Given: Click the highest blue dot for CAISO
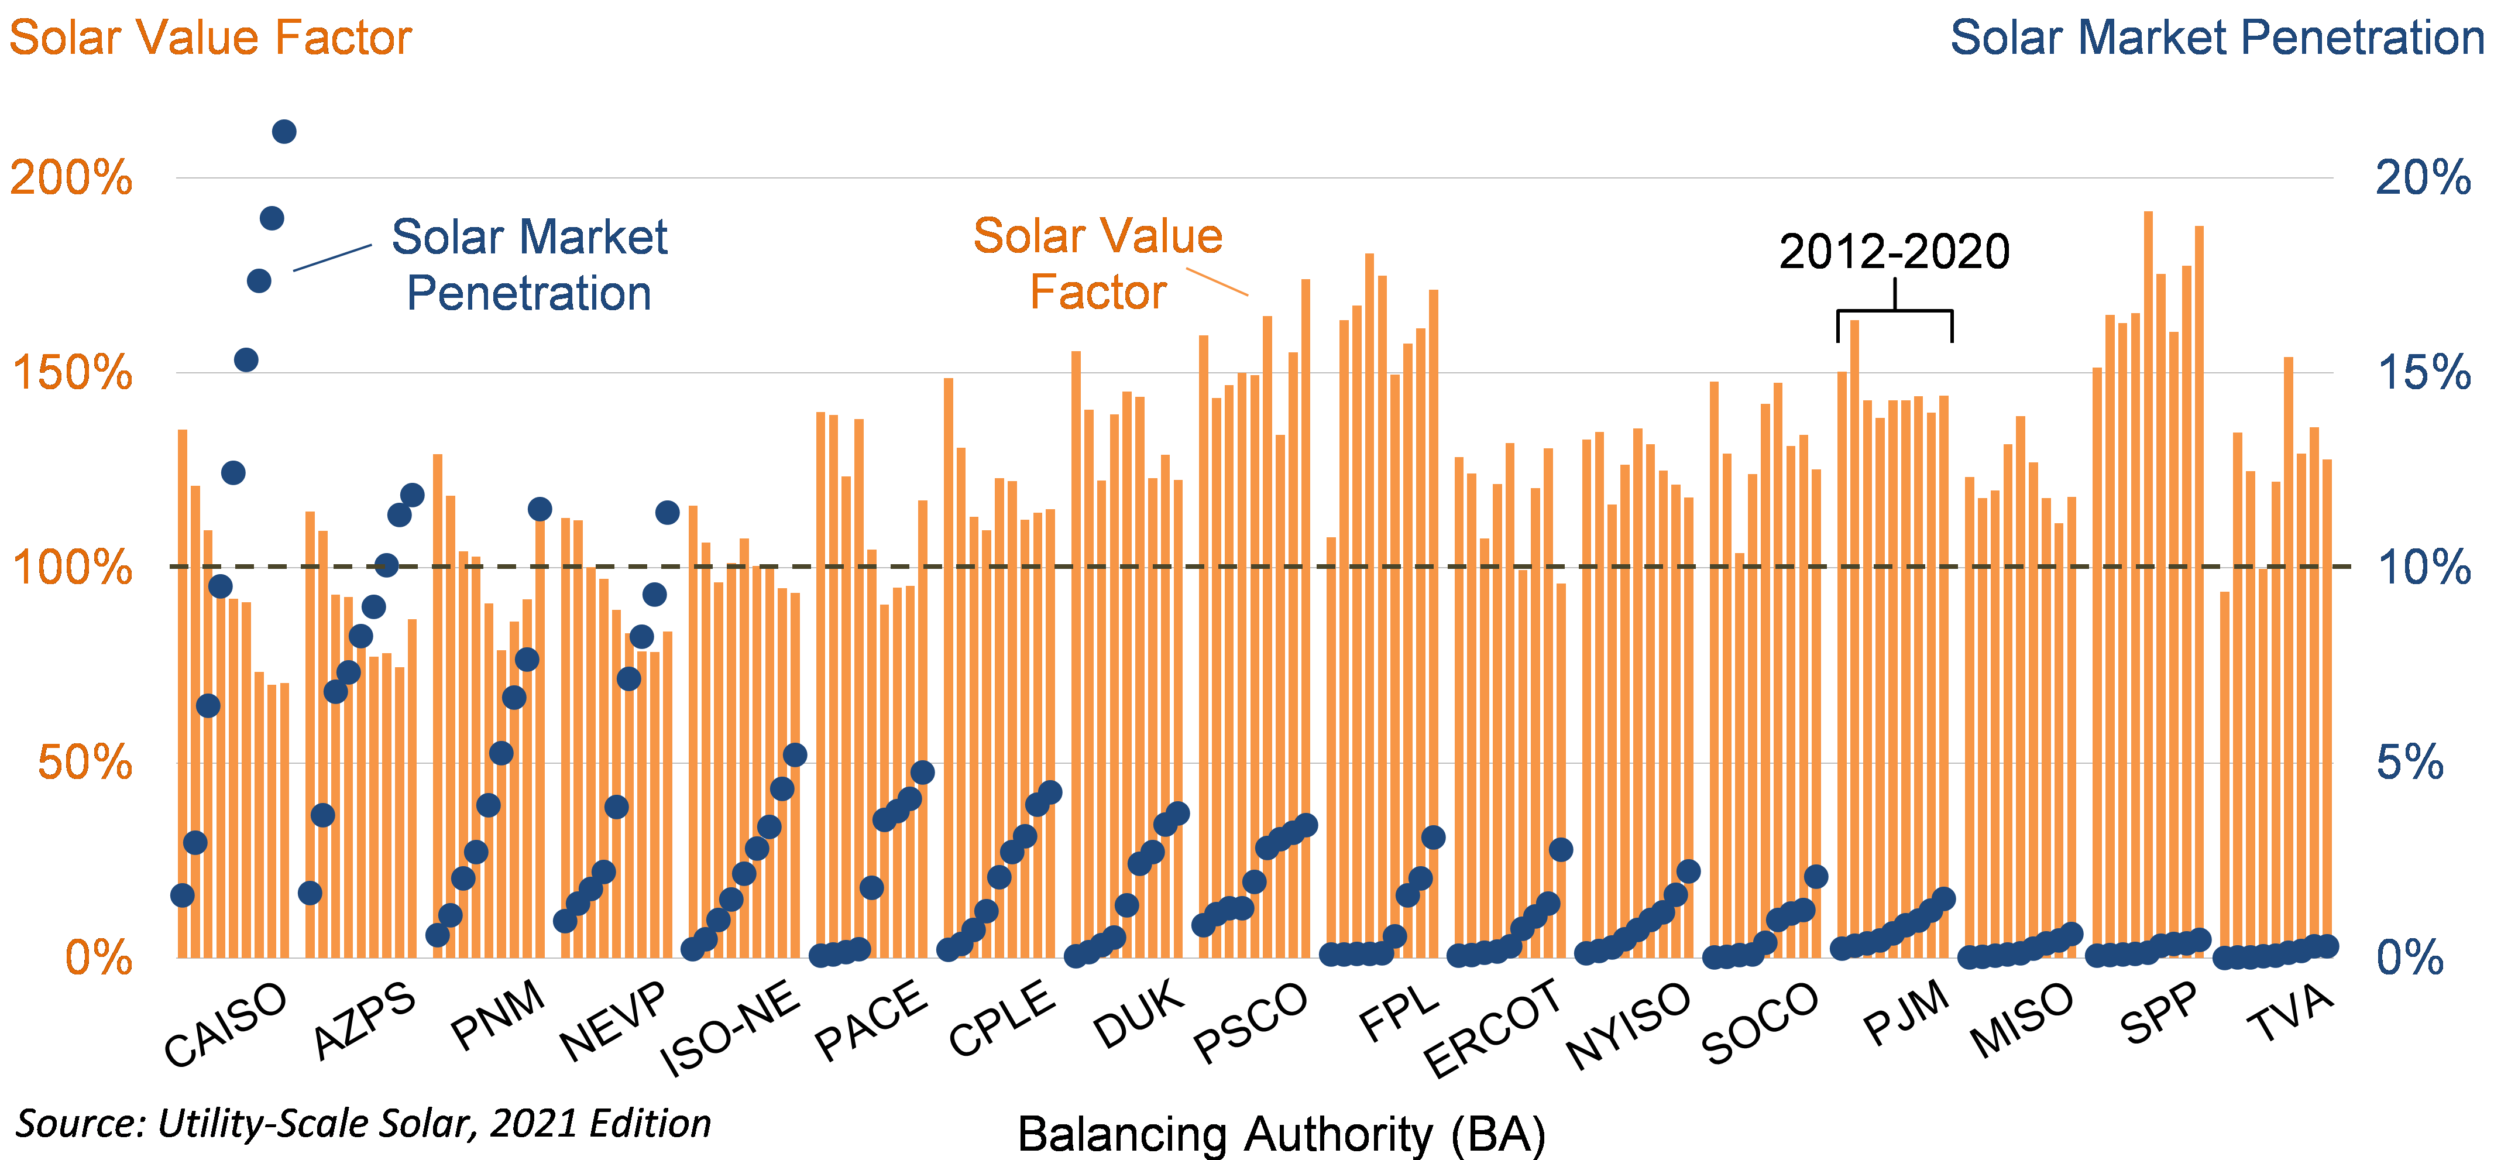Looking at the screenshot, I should [x=284, y=132].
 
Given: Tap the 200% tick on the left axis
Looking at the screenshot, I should [x=71, y=178].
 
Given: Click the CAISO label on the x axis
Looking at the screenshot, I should [x=225, y=1024].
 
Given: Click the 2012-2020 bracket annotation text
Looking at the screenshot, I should [x=1894, y=252].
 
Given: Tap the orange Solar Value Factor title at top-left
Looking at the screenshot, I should [x=210, y=38].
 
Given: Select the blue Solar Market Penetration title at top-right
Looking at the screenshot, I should [x=2216, y=38].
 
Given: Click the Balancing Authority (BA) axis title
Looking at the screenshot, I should [x=1281, y=1133].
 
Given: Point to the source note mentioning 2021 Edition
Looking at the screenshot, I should [x=363, y=1123].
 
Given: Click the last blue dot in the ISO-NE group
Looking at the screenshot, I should [x=795, y=755].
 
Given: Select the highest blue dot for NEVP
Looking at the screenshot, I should [x=667, y=512].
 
